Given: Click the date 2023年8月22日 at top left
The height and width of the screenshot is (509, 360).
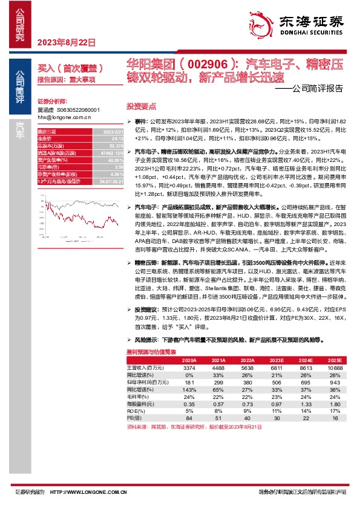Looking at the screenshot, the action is point(67,43).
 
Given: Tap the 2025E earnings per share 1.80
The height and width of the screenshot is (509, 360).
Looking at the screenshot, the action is point(335,404).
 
